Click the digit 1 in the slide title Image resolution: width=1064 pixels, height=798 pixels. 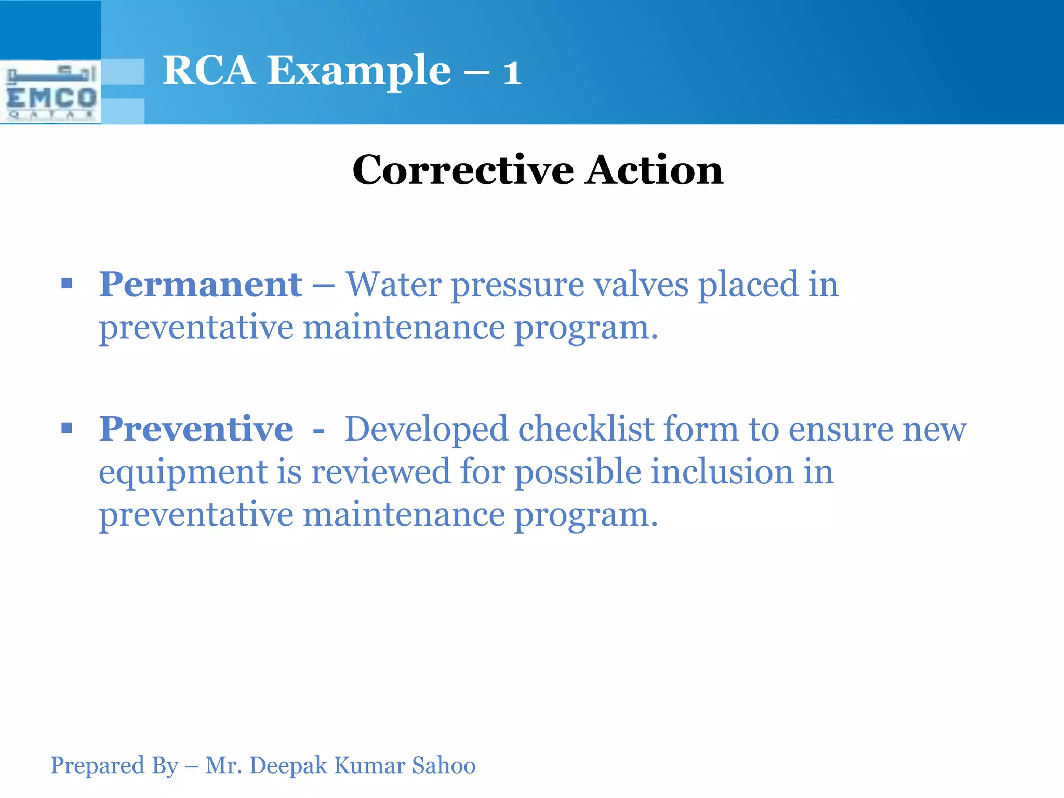click(x=512, y=73)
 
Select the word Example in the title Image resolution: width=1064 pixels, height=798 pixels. click(x=359, y=71)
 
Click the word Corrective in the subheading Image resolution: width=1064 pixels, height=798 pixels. click(x=463, y=170)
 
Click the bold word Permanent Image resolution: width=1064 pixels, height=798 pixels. click(x=201, y=284)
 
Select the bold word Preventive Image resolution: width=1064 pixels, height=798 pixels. click(x=196, y=429)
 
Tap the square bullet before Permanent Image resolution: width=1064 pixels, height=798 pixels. click(x=66, y=284)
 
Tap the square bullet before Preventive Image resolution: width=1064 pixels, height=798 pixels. click(x=66, y=429)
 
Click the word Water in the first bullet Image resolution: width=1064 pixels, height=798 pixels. click(x=393, y=284)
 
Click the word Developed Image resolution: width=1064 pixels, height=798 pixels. click(x=426, y=430)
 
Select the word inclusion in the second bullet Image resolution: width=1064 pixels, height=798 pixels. click(x=722, y=471)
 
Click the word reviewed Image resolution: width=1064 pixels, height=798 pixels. click(x=380, y=471)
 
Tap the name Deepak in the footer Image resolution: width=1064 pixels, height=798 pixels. click(x=288, y=765)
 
